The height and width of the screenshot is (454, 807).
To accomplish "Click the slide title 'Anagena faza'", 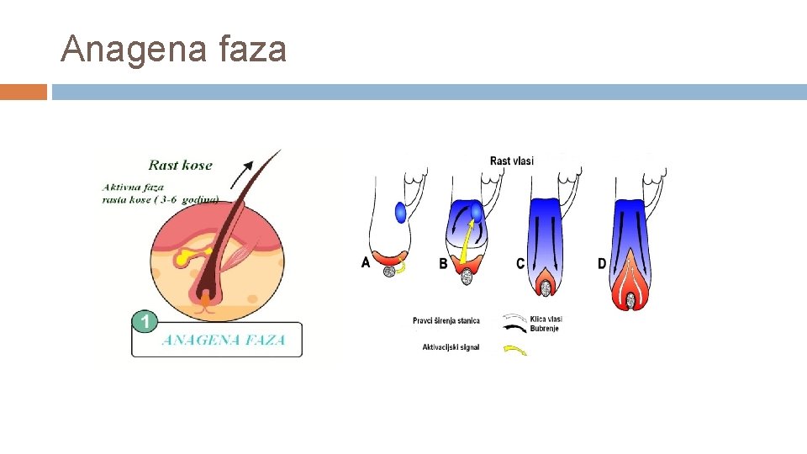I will point(174,49).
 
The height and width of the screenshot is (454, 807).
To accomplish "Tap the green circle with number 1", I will point(145,321).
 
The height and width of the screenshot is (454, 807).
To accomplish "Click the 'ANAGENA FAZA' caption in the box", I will point(223,340).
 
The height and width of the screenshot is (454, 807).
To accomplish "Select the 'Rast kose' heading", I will point(180,166).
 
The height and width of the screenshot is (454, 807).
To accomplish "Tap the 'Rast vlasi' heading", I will point(511,161).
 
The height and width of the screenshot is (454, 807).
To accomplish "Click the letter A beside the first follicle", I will point(366,262).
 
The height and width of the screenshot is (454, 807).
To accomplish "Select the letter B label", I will point(443,264).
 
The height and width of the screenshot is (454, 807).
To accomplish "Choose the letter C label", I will point(521,263).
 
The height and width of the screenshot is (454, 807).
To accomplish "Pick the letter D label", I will point(602,263).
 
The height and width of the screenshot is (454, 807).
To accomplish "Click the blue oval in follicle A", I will point(400,212).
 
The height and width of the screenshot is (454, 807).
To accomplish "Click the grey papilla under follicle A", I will point(389,271).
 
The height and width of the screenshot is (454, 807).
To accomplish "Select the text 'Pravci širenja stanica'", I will point(446,320).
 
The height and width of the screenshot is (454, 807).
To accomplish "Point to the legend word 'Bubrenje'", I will point(544,329).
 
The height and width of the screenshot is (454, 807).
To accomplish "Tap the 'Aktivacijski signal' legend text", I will point(451,347).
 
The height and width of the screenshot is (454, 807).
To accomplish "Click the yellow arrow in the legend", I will point(514,351).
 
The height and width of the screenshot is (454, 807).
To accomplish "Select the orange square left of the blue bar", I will point(24,92).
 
